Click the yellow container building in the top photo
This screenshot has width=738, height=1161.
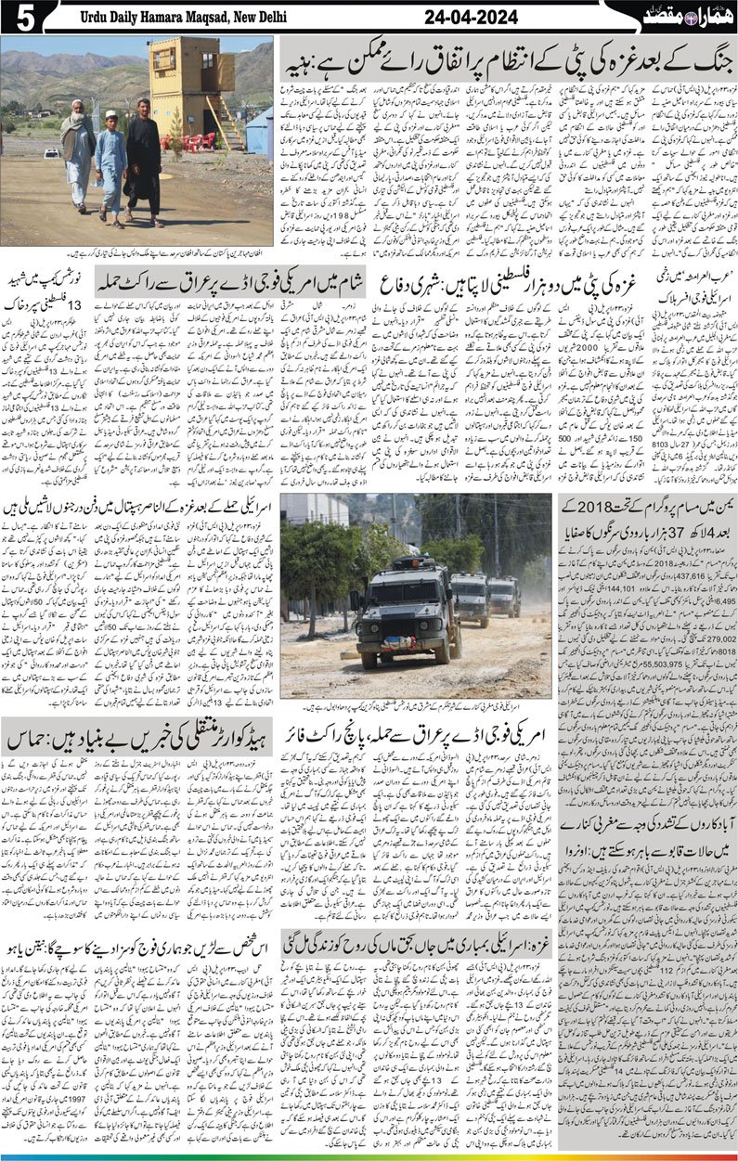pos(191,84)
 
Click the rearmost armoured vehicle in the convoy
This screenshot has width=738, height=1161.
pos(504,596)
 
